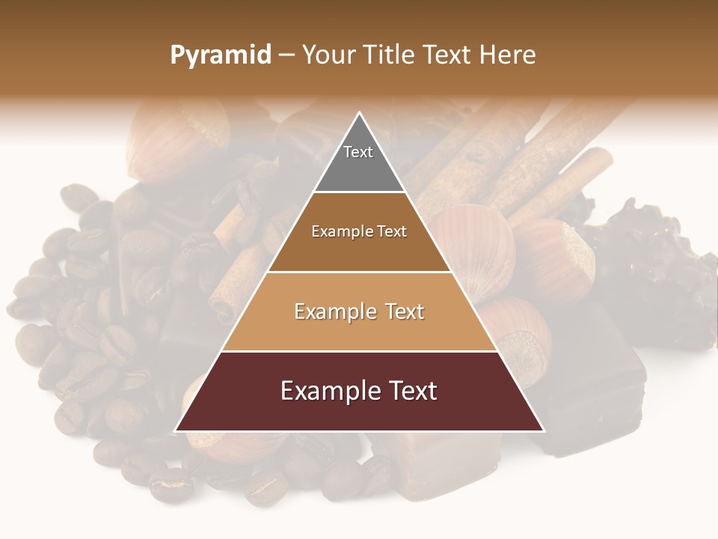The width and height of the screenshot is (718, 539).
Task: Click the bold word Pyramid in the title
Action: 220,55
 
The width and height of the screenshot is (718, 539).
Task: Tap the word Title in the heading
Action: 388,55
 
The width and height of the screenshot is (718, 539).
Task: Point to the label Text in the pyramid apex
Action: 358,152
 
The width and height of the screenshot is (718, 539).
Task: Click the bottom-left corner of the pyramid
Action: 176,430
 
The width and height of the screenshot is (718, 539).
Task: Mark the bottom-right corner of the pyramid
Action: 543,430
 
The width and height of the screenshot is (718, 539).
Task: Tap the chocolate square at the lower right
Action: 598,389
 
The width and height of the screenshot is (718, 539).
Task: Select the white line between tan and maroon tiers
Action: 359,351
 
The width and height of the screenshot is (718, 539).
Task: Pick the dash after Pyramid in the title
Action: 286,55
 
